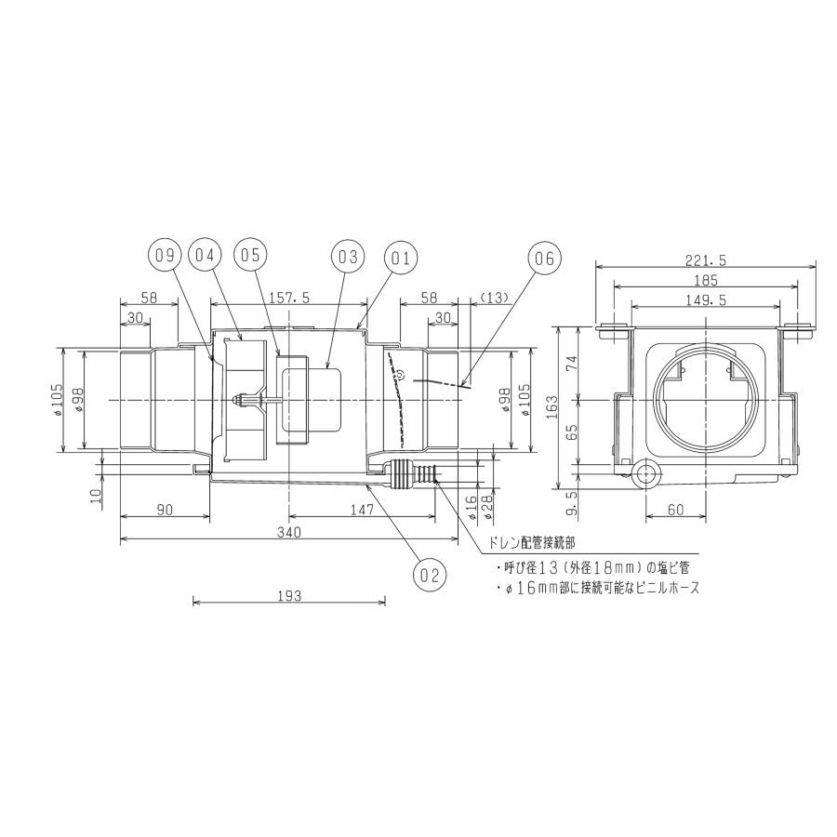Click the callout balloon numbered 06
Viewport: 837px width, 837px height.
click(545, 258)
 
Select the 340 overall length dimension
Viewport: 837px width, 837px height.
click(288, 531)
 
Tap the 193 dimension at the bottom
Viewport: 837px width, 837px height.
click(289, 596)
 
